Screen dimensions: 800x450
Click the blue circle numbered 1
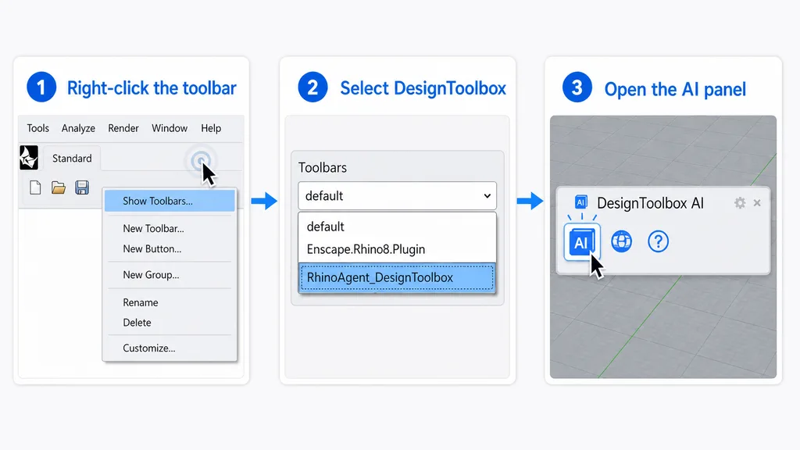pyautogui.click(x=41, y=87)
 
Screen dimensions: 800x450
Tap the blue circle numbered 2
pyautogui.click(x=312, y=87)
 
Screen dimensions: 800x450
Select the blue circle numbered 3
pyautogui.click(x=577, y=87)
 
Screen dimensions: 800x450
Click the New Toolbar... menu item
pyautogui.click(x=153, y=229)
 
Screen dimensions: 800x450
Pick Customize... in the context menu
pyautogui.click(x=149, y=348)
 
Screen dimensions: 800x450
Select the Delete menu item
pyautogui.click(x=137, y=323)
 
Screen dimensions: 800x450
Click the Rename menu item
pyautogui.click(x=141, y=302)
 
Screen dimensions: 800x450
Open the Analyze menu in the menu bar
pyautogui.click(x=78, y=128)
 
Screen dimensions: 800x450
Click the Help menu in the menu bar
pyautogui.click(x=211, y=128)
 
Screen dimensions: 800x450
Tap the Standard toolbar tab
pyautogui.click(x=72, y=158)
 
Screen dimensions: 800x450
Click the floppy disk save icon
pyautogui.click(x=82, y=187)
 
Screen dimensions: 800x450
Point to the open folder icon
pyautogui.click(x=59, y=187)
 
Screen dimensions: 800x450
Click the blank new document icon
pyautogui.click(x=35, y=187)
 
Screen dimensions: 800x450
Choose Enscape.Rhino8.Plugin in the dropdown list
pyautogui.click(x=366, y=249)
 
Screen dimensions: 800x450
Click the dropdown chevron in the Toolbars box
pyautogui.click(x=487, y=196)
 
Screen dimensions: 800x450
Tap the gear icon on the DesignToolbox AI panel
pyautogui.click(x=740, y=203)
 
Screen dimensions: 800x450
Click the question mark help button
pyautogui.click(x=658, y=241)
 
